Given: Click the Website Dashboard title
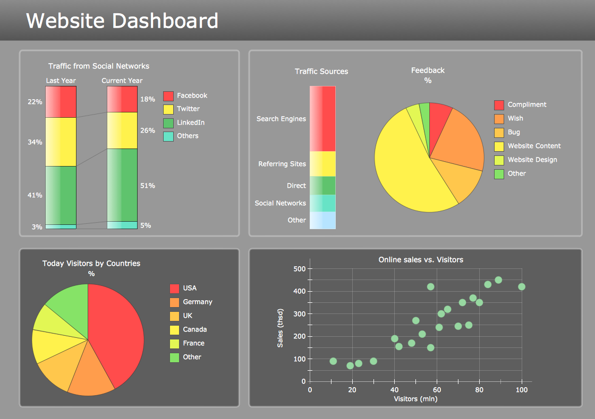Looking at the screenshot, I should (x=122, y=21).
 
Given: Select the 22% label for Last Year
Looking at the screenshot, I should (x=35, y=102).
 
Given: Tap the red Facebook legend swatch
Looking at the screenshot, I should (x=168, y=96).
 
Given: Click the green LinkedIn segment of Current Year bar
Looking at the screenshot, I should (x=122, y=185).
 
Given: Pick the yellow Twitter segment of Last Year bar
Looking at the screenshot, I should (x=61, y=142).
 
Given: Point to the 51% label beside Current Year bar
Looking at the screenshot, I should (x=148, y=186).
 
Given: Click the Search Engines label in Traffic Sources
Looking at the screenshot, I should (x=281, y=119).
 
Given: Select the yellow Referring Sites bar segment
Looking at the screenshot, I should (x=322, y=163).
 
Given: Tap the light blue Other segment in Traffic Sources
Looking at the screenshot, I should (x=322, y=220).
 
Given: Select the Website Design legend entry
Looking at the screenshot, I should (x=532, y=160).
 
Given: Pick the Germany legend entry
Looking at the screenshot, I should (x=197, y=302).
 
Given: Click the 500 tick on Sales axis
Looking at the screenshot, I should (x=300, y=269).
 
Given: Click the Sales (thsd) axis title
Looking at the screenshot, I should (x=280, y=328).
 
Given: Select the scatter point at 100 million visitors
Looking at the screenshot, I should (x=522, y=287).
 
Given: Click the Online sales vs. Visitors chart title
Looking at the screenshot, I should (x=421, y=259).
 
